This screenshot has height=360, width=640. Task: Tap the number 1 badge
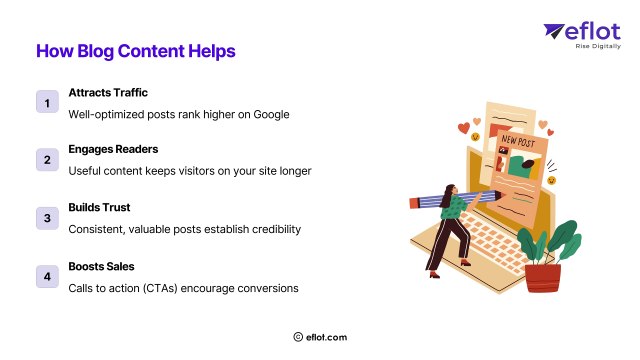(46, 102)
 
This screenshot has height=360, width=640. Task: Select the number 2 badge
(46, 159)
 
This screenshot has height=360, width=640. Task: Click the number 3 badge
(46, 217)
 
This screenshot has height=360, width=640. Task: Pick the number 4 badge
(46, 275)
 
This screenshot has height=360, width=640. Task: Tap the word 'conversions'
(264, 287)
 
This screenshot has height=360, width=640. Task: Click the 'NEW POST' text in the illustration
(517, 141)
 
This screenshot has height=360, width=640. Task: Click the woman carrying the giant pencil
(446, 225)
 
